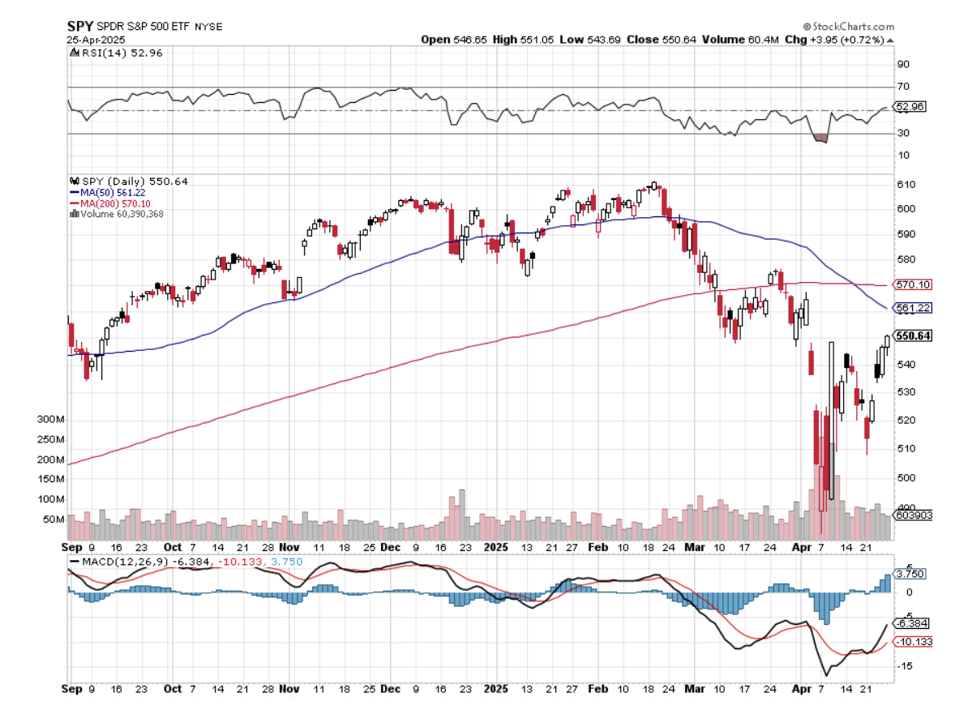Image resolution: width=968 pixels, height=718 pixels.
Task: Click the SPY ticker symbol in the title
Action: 79,26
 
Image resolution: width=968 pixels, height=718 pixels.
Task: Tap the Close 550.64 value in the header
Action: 666,39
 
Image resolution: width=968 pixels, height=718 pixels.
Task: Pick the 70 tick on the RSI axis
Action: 902,87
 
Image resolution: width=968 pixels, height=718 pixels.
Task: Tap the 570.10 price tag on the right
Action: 912,284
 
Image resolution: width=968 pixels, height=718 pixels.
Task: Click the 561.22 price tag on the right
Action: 912,308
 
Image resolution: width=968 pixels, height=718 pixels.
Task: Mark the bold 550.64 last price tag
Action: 913,335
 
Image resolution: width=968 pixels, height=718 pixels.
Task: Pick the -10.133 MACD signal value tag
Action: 912,642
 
